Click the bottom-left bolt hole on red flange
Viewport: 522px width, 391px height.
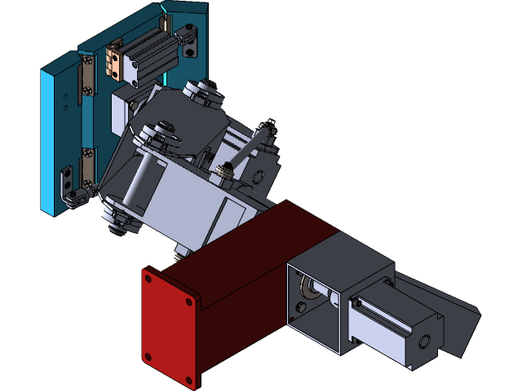click(148, 356)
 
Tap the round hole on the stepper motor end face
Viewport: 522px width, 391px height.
click(422, 341)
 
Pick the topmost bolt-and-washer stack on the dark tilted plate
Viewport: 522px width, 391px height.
click(206, 91)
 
